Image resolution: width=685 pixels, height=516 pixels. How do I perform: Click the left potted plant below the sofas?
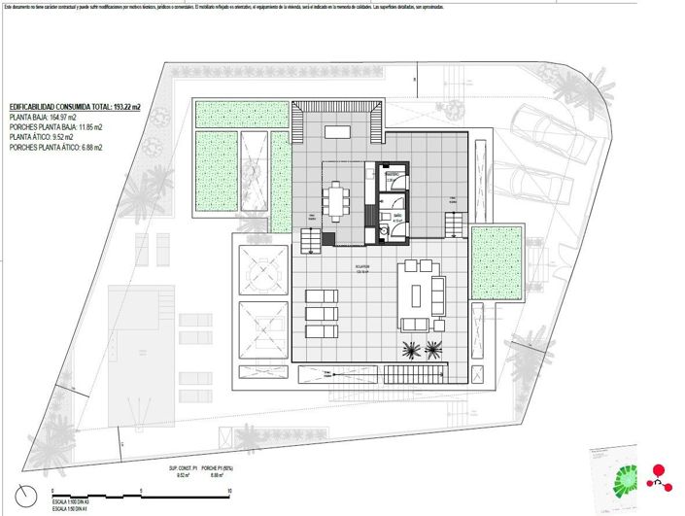click(x=409, y=350)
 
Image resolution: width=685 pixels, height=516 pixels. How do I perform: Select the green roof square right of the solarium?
click(x=497, y=260)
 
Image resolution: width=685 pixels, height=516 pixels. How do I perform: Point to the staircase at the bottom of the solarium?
click(x=423, y=373)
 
